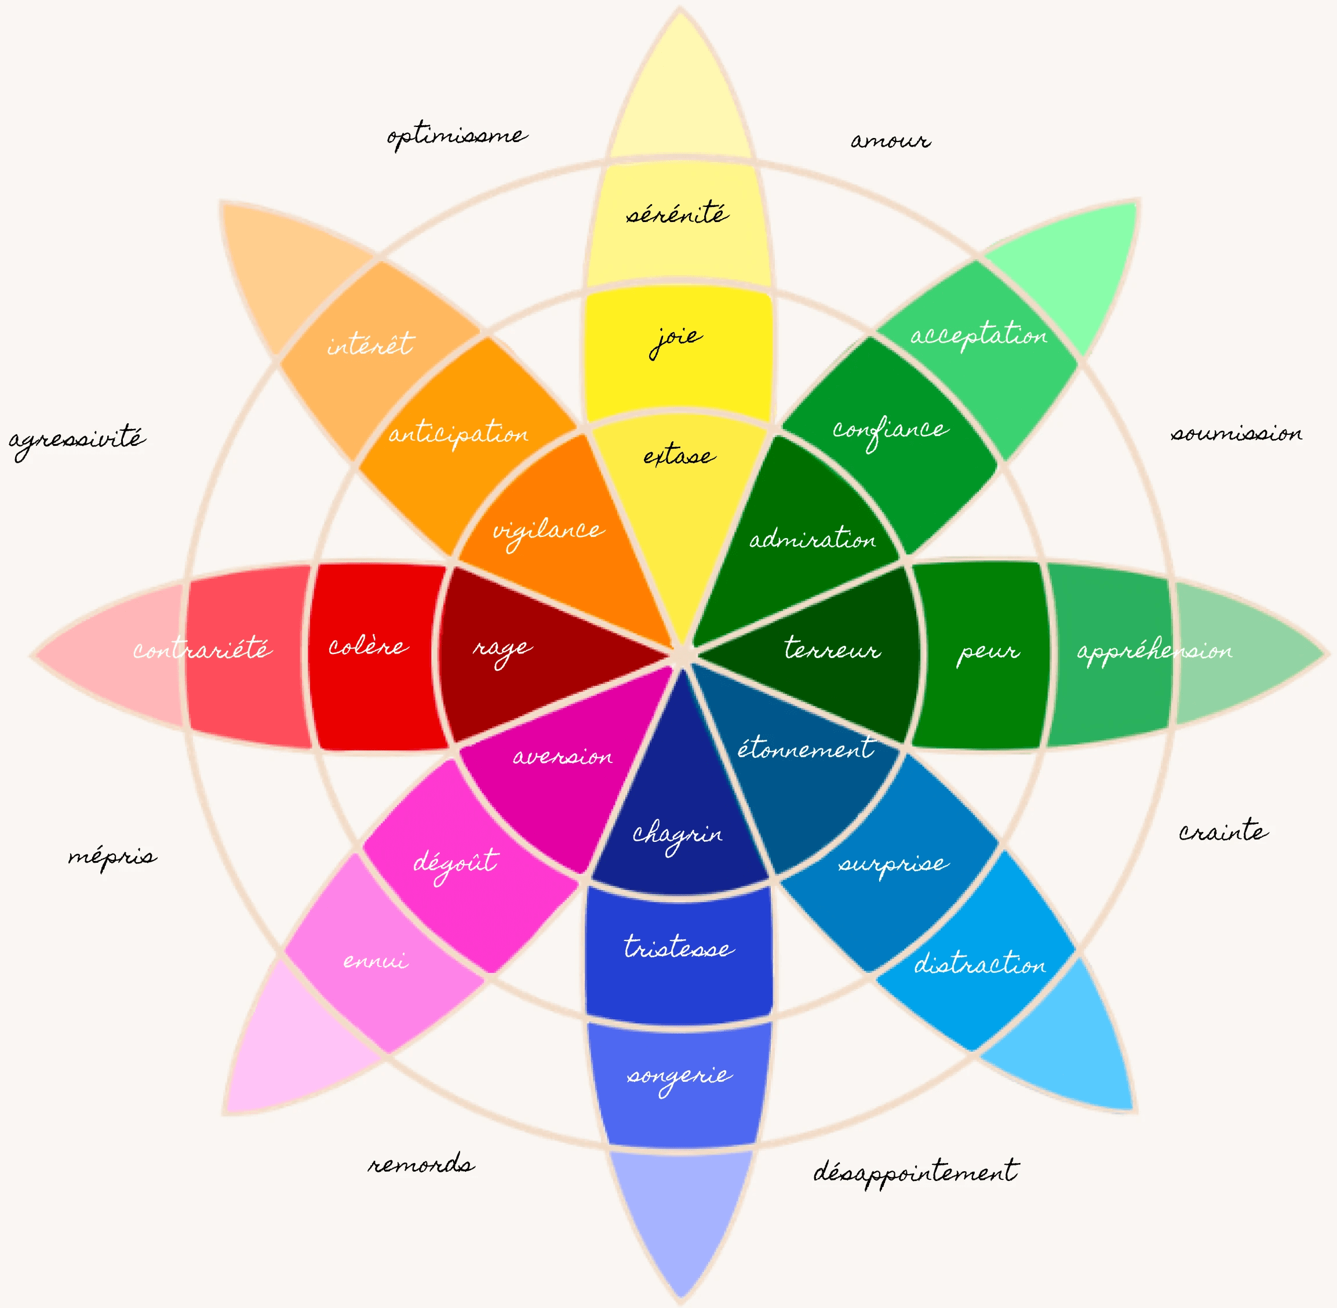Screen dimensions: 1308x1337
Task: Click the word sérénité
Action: (x=677, y=213)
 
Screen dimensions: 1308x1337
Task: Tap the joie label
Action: (x=676, y=338)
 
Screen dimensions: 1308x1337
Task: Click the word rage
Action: (x=502, y=649)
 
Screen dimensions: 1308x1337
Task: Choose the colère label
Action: (x=368, y=646)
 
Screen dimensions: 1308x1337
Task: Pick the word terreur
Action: (x=832, y=649)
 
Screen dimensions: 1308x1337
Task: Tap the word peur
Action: (x=988, y=651)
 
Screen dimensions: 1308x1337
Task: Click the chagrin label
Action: (x=677, y=835)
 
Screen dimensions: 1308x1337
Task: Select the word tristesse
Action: (x=679, y=947)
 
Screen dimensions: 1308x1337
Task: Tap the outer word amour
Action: (x=891, y=141)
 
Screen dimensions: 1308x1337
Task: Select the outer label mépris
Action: (x=112, y=858)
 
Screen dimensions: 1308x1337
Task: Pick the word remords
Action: (x=421, y=1164)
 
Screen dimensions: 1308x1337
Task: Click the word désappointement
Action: (x=915, y=1172)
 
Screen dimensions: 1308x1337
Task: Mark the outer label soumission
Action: (x=1236, y=434)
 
